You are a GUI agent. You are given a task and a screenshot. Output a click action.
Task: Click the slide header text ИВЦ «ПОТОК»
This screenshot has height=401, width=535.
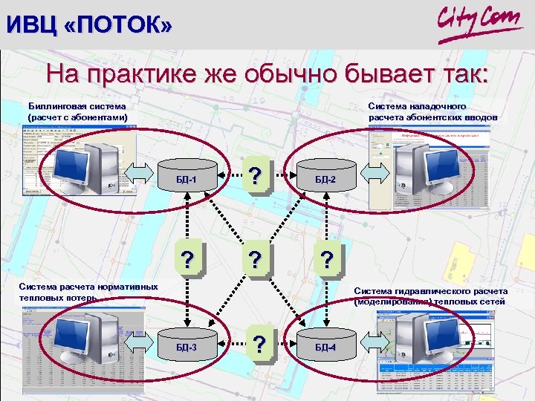[88, 25]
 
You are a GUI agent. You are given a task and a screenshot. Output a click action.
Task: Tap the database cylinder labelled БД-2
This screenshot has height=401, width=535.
[325, 180]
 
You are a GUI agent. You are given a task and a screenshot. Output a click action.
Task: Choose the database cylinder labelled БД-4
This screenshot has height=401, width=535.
[325, 347]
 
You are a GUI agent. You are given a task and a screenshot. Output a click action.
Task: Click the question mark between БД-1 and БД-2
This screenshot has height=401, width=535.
[256, 177]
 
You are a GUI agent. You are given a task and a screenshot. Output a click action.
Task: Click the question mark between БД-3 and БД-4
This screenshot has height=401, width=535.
[259, 344]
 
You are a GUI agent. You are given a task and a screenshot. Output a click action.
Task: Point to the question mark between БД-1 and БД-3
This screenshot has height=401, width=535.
[189, 260]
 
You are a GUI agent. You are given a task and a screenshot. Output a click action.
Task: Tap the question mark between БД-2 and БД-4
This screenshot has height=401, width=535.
[327, 260]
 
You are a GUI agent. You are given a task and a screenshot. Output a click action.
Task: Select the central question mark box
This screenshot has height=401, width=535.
[256, 260]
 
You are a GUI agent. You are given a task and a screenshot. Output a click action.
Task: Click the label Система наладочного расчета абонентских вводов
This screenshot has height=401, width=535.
[432, 111]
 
